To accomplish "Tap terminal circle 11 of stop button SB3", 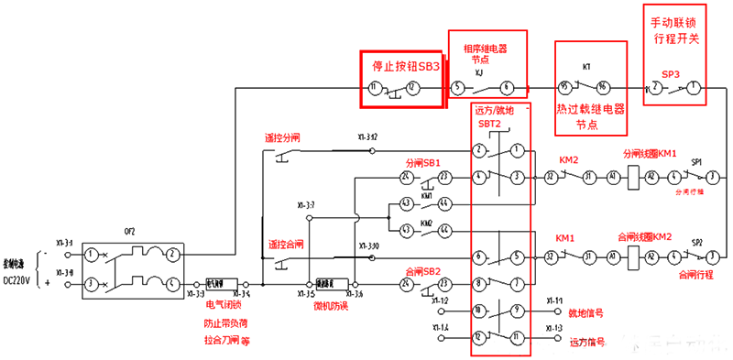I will coord(374,88).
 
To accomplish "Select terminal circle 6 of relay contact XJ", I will coord(507,88).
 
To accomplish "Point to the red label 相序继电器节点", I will coord(485,52).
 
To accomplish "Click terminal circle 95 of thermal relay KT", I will coord(565,88).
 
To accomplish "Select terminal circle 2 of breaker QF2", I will coord(171,252).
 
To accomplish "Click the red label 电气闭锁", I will coord(224,305).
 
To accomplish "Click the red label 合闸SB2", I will coord(423,271).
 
